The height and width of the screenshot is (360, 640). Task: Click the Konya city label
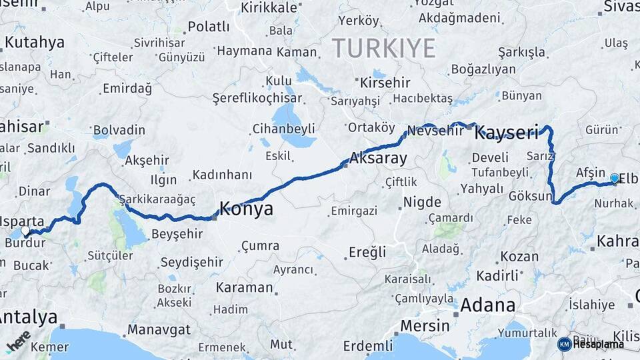click(246, 209)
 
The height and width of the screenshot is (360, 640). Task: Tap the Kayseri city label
click(506, 133)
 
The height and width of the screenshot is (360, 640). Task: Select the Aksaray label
click(378, 159)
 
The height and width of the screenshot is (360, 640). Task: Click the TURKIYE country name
click(384, 48)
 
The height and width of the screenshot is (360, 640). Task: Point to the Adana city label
click(488, 305)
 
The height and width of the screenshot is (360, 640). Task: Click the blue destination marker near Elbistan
click(614, 179)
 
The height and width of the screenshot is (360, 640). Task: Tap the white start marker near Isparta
click(25, 231)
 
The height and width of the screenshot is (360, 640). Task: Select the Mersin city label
click(425, 325)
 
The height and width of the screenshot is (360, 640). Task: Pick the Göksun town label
click(531, 197)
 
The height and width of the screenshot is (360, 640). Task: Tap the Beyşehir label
click(177, 234)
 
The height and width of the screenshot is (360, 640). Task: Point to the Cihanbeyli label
click(283, 129)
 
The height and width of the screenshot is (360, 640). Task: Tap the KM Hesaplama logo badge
click(591, 344)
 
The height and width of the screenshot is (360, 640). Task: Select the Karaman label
click(244, 288)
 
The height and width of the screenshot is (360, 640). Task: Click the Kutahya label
click(34, 43)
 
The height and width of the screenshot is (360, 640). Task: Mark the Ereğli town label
click(367, 252)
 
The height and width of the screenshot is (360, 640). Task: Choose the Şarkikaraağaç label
click(157, 199)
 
